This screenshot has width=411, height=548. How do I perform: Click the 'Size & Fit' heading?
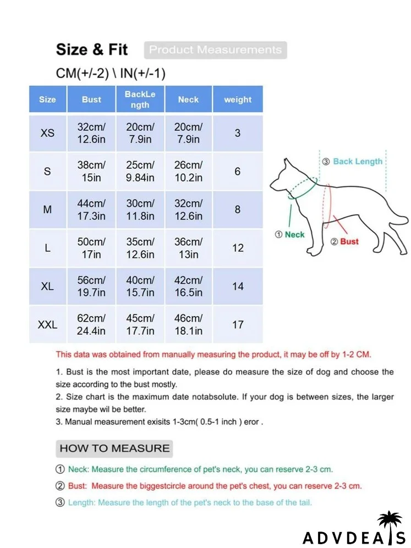pos(91,49)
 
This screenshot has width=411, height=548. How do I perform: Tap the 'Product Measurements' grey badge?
pos(215,50)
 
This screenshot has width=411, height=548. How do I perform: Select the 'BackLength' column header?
pos(140,99)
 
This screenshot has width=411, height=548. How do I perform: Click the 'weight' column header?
pos(238,99)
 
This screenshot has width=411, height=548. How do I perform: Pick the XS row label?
pos(47,133)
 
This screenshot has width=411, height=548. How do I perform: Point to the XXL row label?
pos(47,325)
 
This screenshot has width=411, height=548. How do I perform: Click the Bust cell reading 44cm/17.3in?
pos(91,209)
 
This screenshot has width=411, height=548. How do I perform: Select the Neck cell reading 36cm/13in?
pos(188,248)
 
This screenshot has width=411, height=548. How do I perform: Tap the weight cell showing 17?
pos(238,325)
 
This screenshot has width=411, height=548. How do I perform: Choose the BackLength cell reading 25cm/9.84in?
pos(140,171)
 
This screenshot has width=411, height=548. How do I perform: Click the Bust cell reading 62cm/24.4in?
pos(91,325)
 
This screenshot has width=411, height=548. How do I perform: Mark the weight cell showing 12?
pos(238,248)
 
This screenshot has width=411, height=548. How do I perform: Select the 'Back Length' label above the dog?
pos(357,162)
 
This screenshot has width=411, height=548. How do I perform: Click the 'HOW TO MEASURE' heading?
pos(114,448)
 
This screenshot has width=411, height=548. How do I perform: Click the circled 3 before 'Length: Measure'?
pos(60,502)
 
